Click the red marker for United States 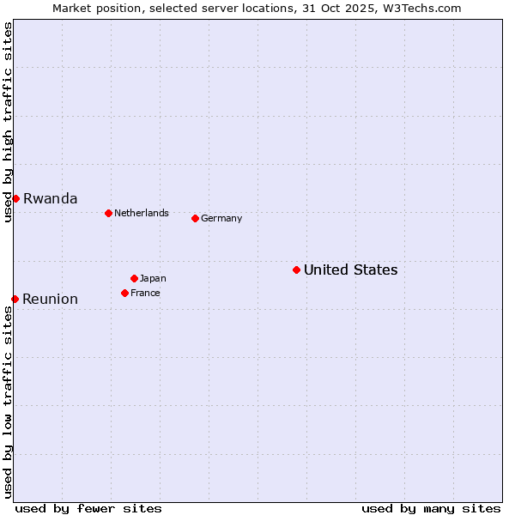(x=296, y=270)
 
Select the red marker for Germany (x=195, y=218)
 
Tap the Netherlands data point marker (x=108, y=213)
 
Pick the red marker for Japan (x=134, y=278)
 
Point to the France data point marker (x=124, y=293)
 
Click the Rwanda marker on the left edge (x=15, y=198)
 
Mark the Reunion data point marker (x=15, y=299)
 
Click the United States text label (x=350, y=270)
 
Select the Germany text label (x=221, y=219)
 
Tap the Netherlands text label (x=142, y=214)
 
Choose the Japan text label (x=153, y=279)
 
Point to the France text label (x=145, y=294)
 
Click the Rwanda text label (x=50, y=199)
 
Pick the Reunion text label (x=50, y=300)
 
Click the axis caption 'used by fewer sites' (x=88, y=508)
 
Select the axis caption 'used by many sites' (x=431, y=508)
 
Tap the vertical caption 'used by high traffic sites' (x=8, y=123)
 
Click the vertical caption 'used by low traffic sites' (x=8, y=402)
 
